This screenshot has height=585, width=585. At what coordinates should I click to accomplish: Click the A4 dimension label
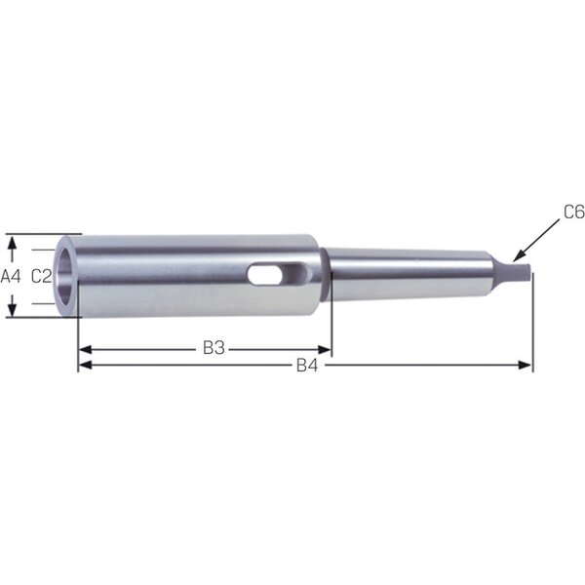11,277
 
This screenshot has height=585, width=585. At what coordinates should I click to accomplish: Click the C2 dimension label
41,277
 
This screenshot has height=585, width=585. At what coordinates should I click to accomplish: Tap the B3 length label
214,348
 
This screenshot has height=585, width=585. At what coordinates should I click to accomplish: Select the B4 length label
307,366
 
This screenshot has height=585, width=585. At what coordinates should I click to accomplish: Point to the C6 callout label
574,213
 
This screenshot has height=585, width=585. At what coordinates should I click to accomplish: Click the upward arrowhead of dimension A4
13,244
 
